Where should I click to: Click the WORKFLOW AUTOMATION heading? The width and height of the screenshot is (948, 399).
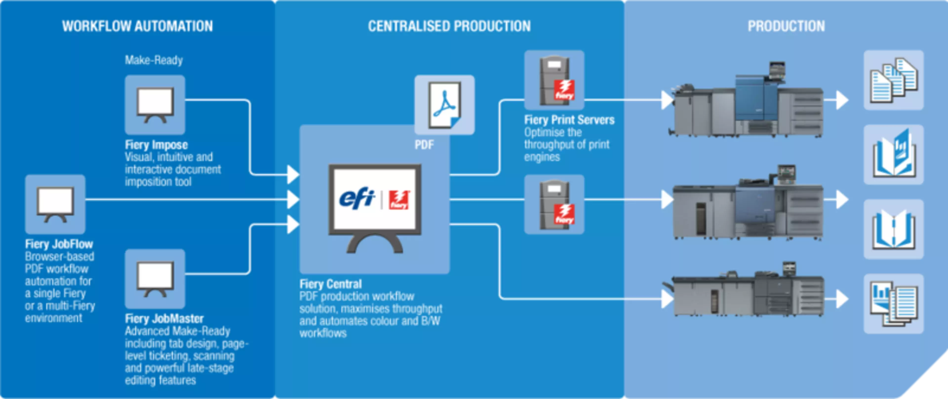[x=137, y=26]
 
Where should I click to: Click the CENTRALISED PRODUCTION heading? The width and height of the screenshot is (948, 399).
[x=449, y=26]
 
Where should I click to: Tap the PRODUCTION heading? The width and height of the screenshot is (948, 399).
[x=786, y=26]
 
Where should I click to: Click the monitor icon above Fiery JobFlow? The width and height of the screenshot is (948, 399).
[x=55, y=204]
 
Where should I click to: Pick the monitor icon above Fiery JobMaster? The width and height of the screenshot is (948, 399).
[x=155, y=279]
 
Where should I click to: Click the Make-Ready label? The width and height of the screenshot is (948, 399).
[x=154, y=60]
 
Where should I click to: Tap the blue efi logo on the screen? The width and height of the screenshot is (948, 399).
[x=356, y=199]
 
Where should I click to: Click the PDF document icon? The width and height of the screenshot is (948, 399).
[x=444, y=105]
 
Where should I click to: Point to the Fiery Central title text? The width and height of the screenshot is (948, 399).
[x=331, y=284]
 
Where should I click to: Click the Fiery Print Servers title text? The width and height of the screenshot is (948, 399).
[x=569, y=120]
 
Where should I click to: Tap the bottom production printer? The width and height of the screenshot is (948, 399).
[x=747, y=292]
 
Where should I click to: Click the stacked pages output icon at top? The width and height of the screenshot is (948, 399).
[x=893, y=80]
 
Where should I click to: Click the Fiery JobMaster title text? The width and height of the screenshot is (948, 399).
[x=164, y=318]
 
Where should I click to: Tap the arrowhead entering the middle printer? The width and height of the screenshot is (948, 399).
[x=667, y=200]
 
